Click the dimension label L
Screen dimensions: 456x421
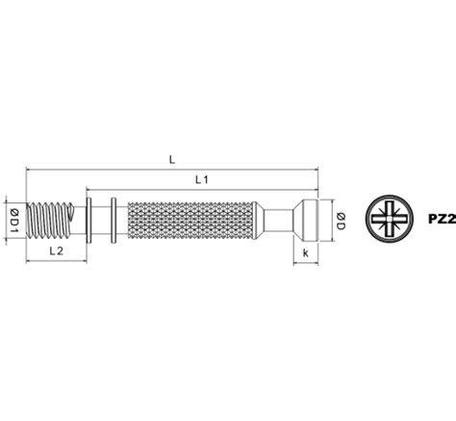pyautogui.click(x=172, y=160)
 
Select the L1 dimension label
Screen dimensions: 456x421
pyautogui.click(x=202, y=180)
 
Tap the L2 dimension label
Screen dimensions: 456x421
pyautogui.click(x=57, y=251)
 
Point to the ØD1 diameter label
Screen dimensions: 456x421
pyautogui.click(x=14, y=221)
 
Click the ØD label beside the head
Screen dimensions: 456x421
pyautogui.click(x=341, y=221)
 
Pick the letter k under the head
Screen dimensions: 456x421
pyautogui.click(x=306, y=253)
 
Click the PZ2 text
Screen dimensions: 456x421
pyautogui.click(x=442, y=220)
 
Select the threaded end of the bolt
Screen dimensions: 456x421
pyautogui.click(x=49, y=221)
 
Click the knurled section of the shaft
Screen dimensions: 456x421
pyautogui.click(x=190, y=221)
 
